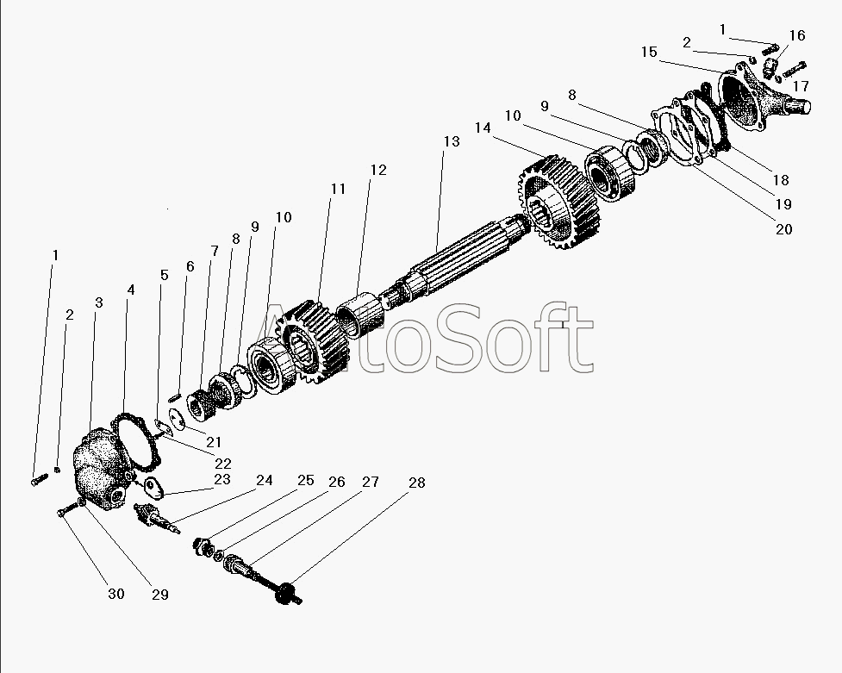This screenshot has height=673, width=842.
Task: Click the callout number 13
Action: coord(452,141)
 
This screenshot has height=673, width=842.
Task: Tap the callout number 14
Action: coord(483,128)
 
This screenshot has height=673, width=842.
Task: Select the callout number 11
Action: coord(338,189)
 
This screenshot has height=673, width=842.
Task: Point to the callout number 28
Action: coord(417,483)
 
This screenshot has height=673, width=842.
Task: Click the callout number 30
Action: coord(116,594)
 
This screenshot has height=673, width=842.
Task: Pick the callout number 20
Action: coord(784,229)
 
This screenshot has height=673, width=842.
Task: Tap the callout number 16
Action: coord(797,35)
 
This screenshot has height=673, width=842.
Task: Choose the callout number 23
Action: coord(221,478)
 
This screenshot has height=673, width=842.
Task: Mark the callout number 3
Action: coord(99,303)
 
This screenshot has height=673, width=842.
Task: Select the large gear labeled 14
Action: coord(558,202)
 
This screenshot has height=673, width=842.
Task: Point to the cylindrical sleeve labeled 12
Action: coord(360,317)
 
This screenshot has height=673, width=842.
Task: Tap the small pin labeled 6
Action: coord(174,397)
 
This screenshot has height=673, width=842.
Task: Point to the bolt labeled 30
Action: coord(66,510)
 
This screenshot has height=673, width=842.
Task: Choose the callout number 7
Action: coord(215,251)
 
